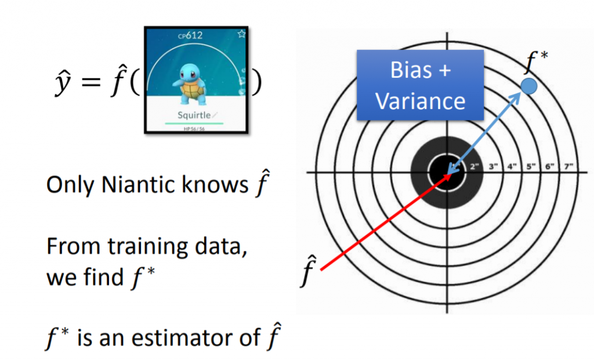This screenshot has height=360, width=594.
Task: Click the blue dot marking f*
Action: (528, 87)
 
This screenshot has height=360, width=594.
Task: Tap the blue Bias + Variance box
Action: (420, 85)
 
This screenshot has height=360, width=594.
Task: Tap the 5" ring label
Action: (530, 167)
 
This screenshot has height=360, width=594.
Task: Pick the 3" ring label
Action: (494, 167)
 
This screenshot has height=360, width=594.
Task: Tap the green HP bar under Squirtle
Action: (194, 123)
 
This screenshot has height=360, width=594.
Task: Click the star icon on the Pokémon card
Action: (241, 34)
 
